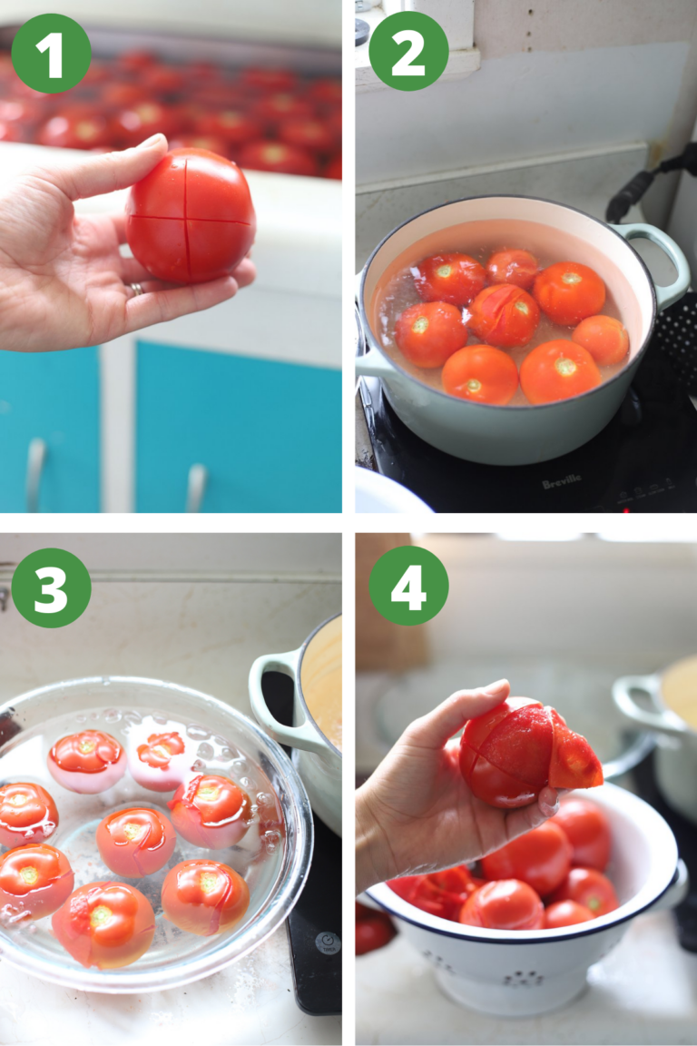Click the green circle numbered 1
51,54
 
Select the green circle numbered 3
51,587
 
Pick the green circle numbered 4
408,586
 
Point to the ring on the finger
135,289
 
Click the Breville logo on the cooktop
562,484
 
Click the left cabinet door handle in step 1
35,472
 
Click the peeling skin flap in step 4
574,761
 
